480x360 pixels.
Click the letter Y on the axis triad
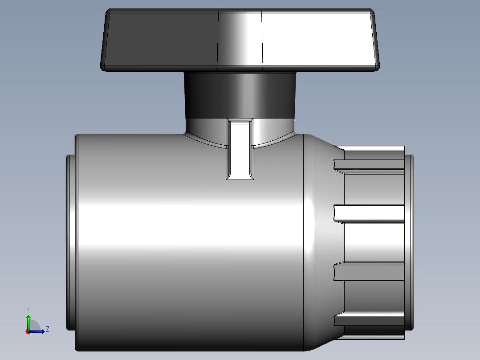point(28,309)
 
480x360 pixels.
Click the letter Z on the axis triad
point(47,329)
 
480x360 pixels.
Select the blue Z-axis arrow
point(39,331)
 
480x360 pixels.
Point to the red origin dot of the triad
point(28,331)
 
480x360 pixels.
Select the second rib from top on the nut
point(370,213)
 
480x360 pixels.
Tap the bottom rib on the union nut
point(370,320)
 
